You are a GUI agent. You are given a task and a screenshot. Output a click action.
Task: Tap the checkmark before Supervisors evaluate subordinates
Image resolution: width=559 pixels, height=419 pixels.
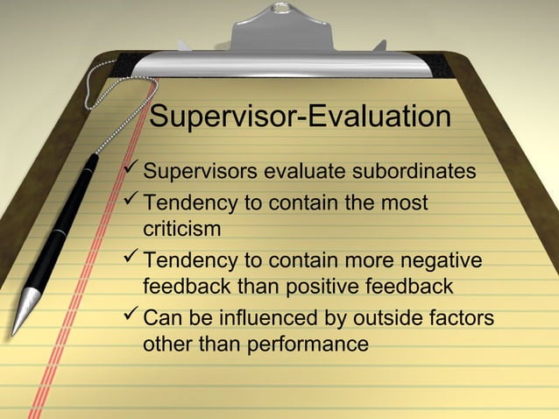point(131,167)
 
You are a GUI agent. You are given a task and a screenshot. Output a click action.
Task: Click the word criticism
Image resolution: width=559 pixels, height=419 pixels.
point(181,229)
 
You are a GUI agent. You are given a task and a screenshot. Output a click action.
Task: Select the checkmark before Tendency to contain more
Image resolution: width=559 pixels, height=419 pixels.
point(131,258)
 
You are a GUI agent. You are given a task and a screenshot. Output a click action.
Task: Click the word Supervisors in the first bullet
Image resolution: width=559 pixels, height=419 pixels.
point(194,170)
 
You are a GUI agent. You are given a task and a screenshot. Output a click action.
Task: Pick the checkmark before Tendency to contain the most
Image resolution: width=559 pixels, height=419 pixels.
point(131,201)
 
